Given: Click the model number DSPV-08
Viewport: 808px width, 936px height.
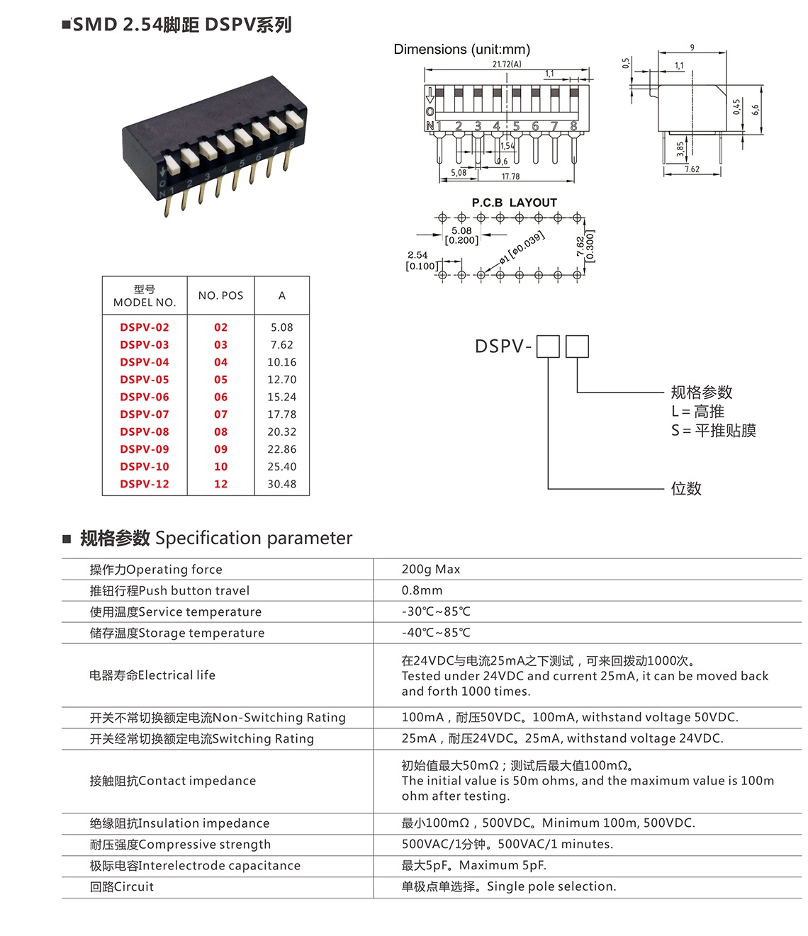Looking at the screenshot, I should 145,432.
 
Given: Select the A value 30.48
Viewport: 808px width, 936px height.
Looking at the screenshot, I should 281,484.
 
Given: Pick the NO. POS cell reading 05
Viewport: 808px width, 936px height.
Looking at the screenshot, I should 220,379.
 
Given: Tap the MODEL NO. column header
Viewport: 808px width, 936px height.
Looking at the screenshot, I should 145,295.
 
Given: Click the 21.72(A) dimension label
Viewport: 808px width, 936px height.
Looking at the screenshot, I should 507,64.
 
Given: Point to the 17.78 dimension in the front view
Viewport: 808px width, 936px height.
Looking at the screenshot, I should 510,176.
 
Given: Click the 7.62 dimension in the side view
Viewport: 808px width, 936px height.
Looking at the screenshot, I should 692,169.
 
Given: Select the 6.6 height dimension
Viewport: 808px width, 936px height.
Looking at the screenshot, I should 756,109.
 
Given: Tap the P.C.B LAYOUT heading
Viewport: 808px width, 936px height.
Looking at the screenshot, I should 514,203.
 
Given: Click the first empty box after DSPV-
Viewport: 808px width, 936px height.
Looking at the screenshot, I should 548,346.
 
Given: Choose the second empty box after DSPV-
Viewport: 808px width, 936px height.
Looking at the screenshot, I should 577,346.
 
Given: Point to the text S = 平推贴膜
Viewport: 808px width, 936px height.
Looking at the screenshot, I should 713,430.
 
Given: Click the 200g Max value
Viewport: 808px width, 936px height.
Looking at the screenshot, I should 430,569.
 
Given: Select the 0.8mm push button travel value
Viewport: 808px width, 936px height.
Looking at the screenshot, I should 422,590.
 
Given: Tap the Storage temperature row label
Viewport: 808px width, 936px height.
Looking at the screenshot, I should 176,633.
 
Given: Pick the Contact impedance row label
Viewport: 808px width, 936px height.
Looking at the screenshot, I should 172,781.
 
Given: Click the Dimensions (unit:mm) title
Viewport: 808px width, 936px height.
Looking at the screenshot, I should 461,49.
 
